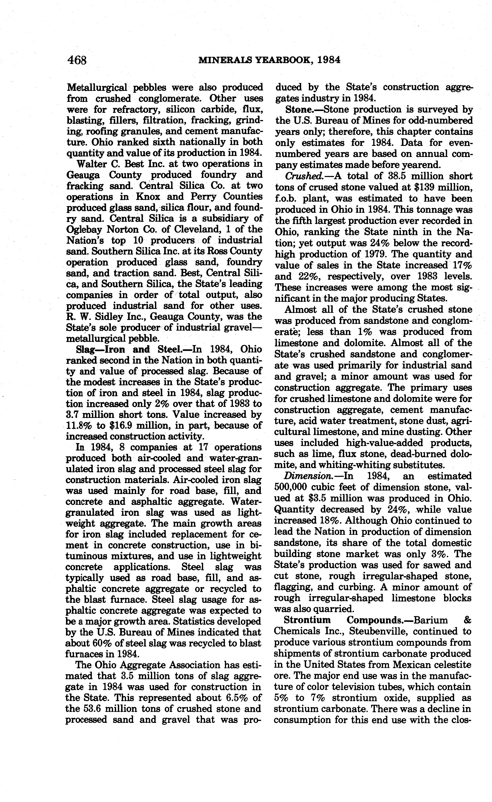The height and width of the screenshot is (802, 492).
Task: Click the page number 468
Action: click(x=77, y=60)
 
